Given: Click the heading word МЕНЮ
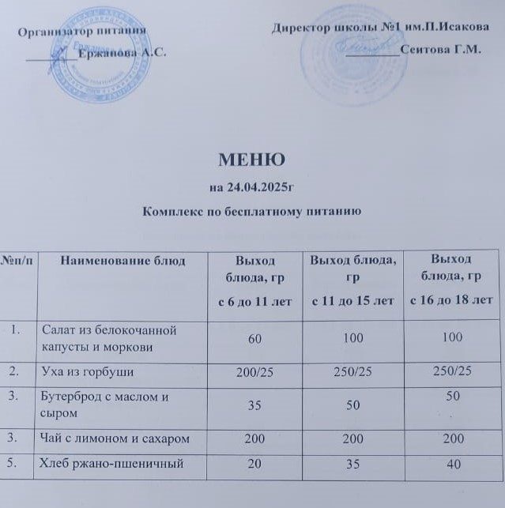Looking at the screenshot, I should pos(252,162).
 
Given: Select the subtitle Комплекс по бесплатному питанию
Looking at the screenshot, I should pos(252,212).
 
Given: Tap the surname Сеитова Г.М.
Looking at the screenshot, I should pos(441,50).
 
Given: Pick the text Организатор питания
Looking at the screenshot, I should pos(83,32).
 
